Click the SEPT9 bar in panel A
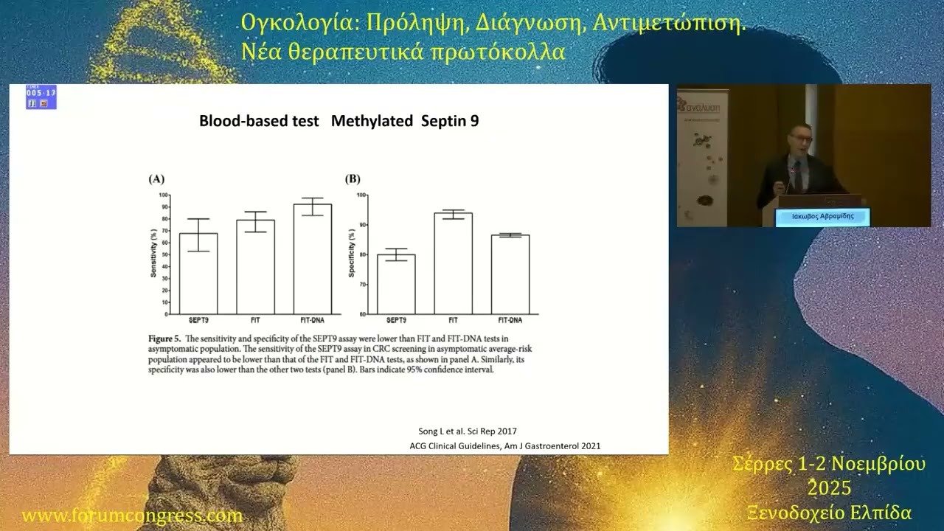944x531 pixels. coord(198,274)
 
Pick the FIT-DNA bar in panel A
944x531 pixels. coord(312,259)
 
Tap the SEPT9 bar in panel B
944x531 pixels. coord(396,284)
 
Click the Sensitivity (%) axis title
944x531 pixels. coord(155,254)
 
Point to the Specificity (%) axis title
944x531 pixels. coord(353,254)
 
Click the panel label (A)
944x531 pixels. coord(156,178)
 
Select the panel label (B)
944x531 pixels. coord(353,178)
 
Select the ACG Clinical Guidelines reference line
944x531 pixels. coord(504,445)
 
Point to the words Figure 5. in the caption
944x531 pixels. coord(165,339)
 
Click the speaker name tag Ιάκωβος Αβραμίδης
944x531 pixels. coord(822,217)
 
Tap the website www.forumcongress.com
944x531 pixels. coord(132,516)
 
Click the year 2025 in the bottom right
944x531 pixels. coord(829,488)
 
